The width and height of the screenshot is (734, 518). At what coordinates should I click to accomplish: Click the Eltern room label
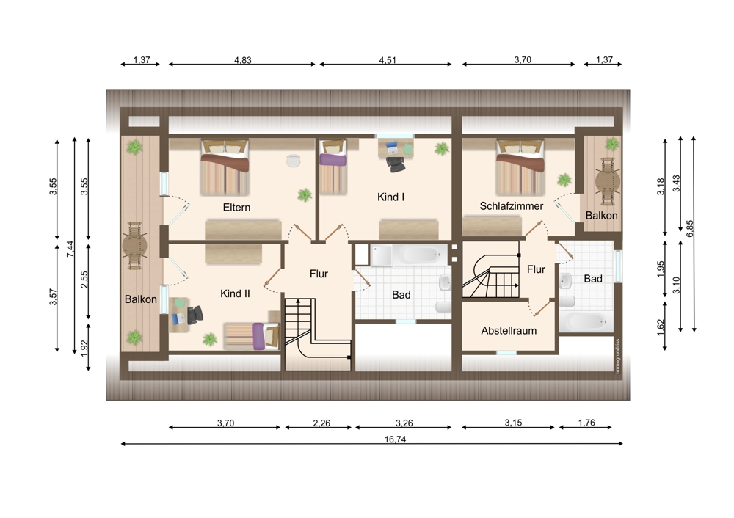[x=236, y=208]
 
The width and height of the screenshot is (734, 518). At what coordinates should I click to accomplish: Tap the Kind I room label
[x=391, y=197]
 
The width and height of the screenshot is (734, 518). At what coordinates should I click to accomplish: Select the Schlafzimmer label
[x=511, y=206]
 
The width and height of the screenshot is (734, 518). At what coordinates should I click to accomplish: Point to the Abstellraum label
[x=509, y=330]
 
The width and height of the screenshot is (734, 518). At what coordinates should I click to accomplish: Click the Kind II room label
[x=235, y=293]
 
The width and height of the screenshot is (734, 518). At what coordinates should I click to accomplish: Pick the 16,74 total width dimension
[x=395, y=439]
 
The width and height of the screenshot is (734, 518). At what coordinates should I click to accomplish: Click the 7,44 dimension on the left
[x=70, y=249]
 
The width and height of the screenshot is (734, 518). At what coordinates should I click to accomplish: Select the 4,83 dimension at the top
[x=242, y=60]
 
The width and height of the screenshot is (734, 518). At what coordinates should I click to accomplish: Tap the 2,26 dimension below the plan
[x=321, y=423]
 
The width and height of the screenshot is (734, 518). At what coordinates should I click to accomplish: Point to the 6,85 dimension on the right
[x=690, y=228]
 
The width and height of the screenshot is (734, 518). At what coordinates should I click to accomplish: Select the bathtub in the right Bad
[x=586, y=321]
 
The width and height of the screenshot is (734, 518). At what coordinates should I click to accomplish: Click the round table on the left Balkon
[x=135, y=245]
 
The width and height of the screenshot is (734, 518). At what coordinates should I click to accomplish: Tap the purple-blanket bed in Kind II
[x=252, y=336]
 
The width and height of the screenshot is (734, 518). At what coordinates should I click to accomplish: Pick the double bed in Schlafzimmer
[x=520, y=167]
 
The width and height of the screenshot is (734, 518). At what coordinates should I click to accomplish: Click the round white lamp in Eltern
[x=294, y=161]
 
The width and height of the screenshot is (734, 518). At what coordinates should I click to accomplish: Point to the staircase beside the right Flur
[x=490, y=269]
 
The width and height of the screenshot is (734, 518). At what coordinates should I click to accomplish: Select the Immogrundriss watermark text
[x=617, y=356]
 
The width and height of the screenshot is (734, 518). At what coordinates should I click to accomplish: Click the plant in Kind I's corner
[x=441, y=149]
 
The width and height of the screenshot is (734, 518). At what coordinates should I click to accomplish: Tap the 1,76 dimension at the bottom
[x=586, y=423]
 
